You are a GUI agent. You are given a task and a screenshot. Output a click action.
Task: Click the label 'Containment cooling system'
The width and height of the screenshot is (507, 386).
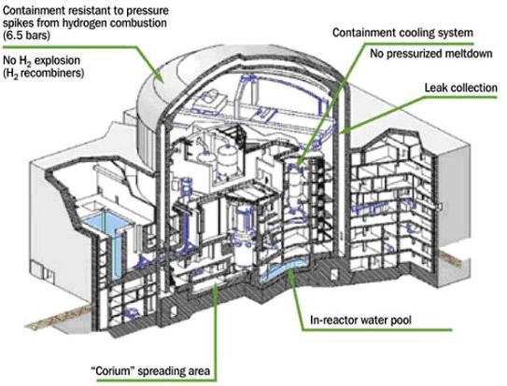click(402, 33)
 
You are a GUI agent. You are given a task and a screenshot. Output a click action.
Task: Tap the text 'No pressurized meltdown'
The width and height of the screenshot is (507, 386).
click(431, 53)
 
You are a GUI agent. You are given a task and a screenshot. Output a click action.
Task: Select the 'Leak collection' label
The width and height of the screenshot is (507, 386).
click(460, 88)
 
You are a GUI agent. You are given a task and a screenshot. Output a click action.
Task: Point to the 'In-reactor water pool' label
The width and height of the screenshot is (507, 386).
click(360, 320)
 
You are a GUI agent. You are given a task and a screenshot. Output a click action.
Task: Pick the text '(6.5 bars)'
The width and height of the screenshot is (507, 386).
click(26, 34)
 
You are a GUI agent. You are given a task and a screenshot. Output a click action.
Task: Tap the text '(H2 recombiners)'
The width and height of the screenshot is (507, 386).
click(43, 74)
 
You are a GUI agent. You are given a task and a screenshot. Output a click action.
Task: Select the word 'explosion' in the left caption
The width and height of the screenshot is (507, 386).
click(59, 61)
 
